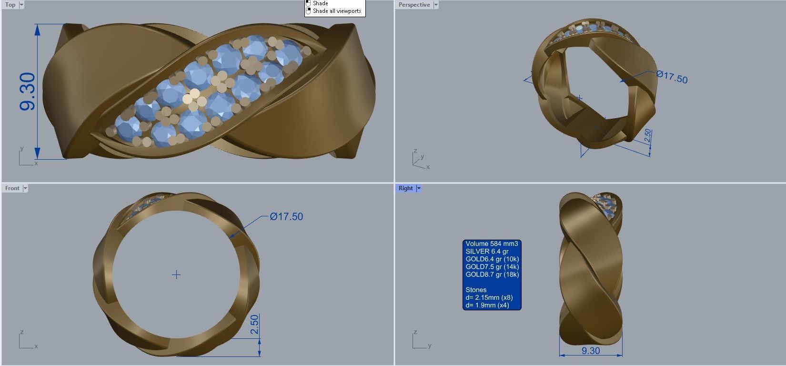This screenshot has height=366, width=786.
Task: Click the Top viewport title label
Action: pos(10,5)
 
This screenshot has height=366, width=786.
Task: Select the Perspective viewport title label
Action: pos(414,5)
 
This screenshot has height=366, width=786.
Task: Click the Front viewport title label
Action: pos(12,188)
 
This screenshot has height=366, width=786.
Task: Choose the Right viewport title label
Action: pos(406,188)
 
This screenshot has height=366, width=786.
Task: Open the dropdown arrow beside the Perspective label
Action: pos(436,5)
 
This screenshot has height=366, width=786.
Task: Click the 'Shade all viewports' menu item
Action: pos(337,11)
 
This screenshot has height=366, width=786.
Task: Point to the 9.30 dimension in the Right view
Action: pos(591,351)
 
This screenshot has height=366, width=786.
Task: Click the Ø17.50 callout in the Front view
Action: pos(286,216)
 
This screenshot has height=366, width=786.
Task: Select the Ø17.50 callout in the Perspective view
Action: pos(672,77)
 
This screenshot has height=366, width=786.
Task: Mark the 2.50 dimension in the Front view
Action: pos(254,325)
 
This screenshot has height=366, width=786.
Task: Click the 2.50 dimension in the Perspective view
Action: pos(648,136)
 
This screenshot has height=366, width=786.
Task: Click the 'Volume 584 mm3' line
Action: pos(492,244)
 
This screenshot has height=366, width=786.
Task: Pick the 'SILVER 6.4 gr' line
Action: pos(487,252)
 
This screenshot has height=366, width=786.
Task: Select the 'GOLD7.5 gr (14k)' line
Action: pos(492,267)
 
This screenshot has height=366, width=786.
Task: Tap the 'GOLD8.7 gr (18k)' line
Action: pos(492,274)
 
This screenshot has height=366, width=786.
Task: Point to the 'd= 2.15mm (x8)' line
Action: pos(489,297)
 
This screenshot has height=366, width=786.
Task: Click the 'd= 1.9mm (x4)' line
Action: pos(487,305)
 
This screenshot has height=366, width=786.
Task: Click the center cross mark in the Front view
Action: pos(176,274)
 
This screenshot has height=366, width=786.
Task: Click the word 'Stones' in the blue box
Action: pos(476,290)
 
